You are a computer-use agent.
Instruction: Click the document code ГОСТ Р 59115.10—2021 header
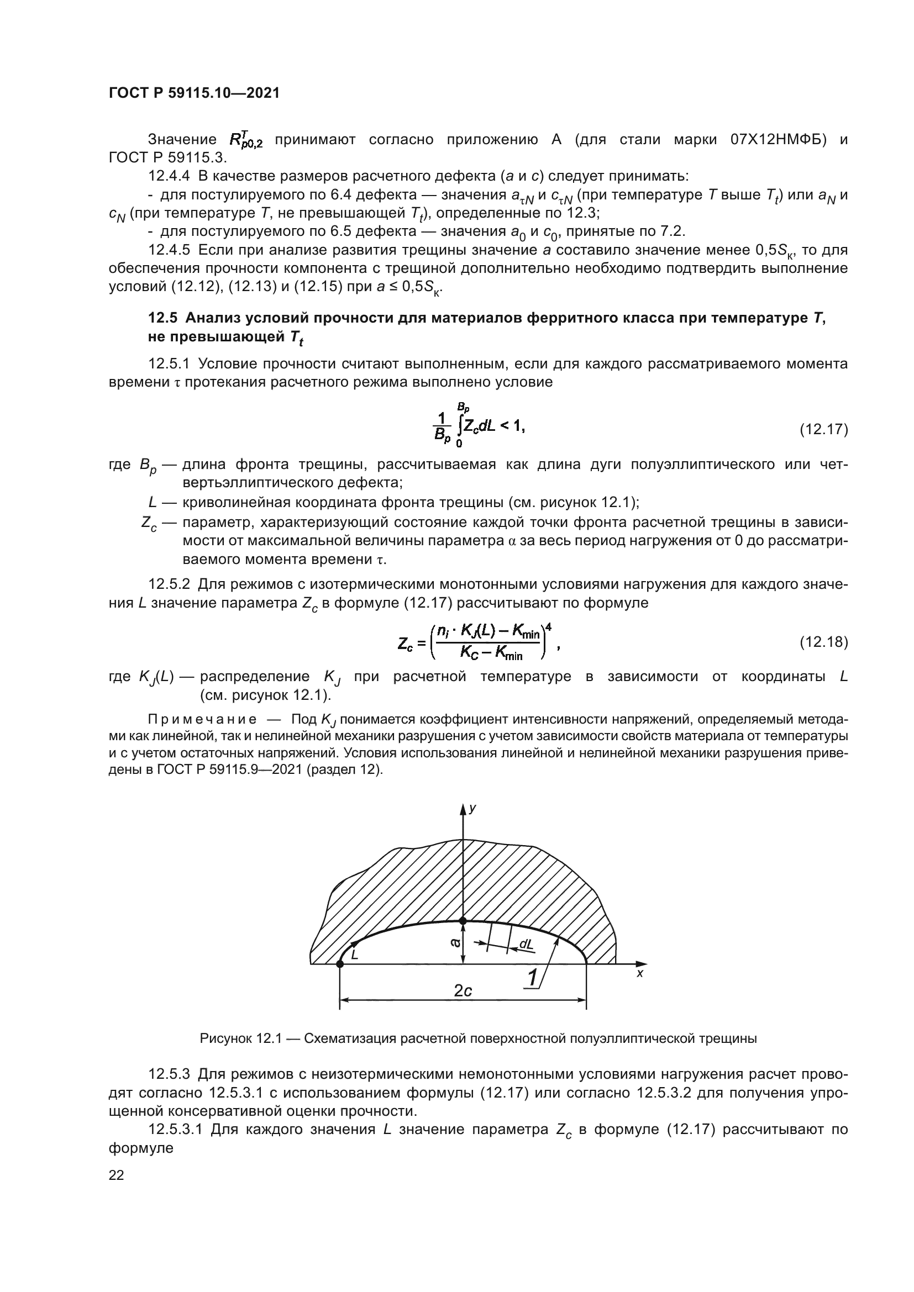click(193, 93)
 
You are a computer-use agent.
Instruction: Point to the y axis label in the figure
click(473, 809)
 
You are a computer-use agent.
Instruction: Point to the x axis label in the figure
click(639, 973)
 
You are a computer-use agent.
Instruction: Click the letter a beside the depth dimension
click(455, 941)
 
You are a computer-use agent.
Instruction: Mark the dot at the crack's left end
click(339, 964)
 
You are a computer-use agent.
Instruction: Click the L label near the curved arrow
click(354, 955)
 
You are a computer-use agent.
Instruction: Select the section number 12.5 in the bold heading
click(162, 319)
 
